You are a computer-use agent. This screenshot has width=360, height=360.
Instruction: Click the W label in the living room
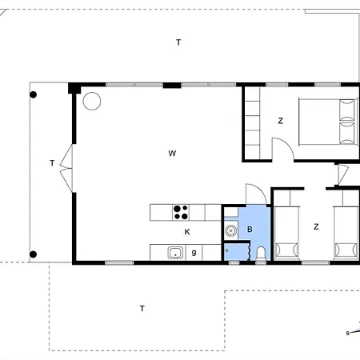(x=172, y=154)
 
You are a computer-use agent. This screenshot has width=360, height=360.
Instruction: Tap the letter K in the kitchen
(x=187, y=232)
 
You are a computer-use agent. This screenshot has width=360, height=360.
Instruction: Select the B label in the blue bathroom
(x=250, y=230)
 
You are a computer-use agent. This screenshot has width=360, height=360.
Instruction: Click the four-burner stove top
(x=181, y=212)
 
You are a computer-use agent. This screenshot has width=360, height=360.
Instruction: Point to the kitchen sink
(x=175, y=253)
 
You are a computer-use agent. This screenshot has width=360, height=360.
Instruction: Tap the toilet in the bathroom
(x=261, y=254)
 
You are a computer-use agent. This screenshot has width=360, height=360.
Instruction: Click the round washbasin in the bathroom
(x=230, y=230)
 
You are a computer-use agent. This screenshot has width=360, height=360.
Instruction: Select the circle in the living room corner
(x=92, y=101)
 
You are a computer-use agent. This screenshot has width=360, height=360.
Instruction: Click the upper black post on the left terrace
(x=33, y=94)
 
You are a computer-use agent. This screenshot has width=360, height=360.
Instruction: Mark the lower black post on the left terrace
(x=33, y=254)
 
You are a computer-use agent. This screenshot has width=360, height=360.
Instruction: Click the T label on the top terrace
(x=178, y=42)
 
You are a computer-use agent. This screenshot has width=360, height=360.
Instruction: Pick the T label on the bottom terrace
(x=142, y=309)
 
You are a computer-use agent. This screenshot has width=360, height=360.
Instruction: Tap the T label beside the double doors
(x=52, y=163)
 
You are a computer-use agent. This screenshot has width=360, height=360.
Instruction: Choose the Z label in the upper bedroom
(x=280, y=121)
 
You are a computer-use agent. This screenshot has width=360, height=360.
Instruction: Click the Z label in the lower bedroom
(x=316, y=227)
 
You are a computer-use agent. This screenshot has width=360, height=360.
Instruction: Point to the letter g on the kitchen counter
(x=194, y=252)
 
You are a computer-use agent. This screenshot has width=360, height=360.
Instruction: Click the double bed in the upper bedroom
(x=328, y=122)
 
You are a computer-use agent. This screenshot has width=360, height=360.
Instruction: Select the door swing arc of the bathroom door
(x=261, y=190)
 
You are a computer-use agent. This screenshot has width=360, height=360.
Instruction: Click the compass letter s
(x=347, y=333)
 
